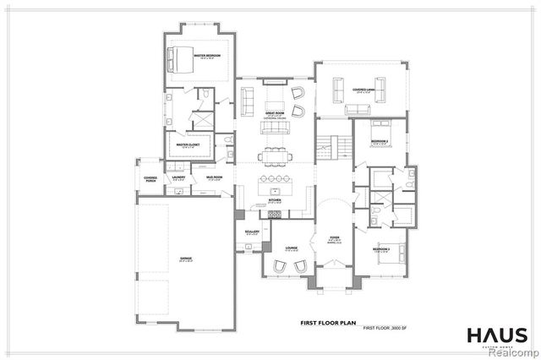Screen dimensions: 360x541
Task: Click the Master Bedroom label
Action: (207, 56)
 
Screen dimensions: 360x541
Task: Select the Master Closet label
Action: (188, 145)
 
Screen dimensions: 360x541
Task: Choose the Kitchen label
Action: (274, 201)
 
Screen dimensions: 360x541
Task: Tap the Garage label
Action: (185, 259)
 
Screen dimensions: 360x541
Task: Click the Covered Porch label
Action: (150, 178)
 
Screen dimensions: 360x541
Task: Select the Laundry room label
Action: (178, 177)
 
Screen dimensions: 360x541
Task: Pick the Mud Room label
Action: (214, 177)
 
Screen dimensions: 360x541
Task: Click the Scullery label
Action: (251, 231)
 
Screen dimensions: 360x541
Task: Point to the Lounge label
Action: (291, 248)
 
